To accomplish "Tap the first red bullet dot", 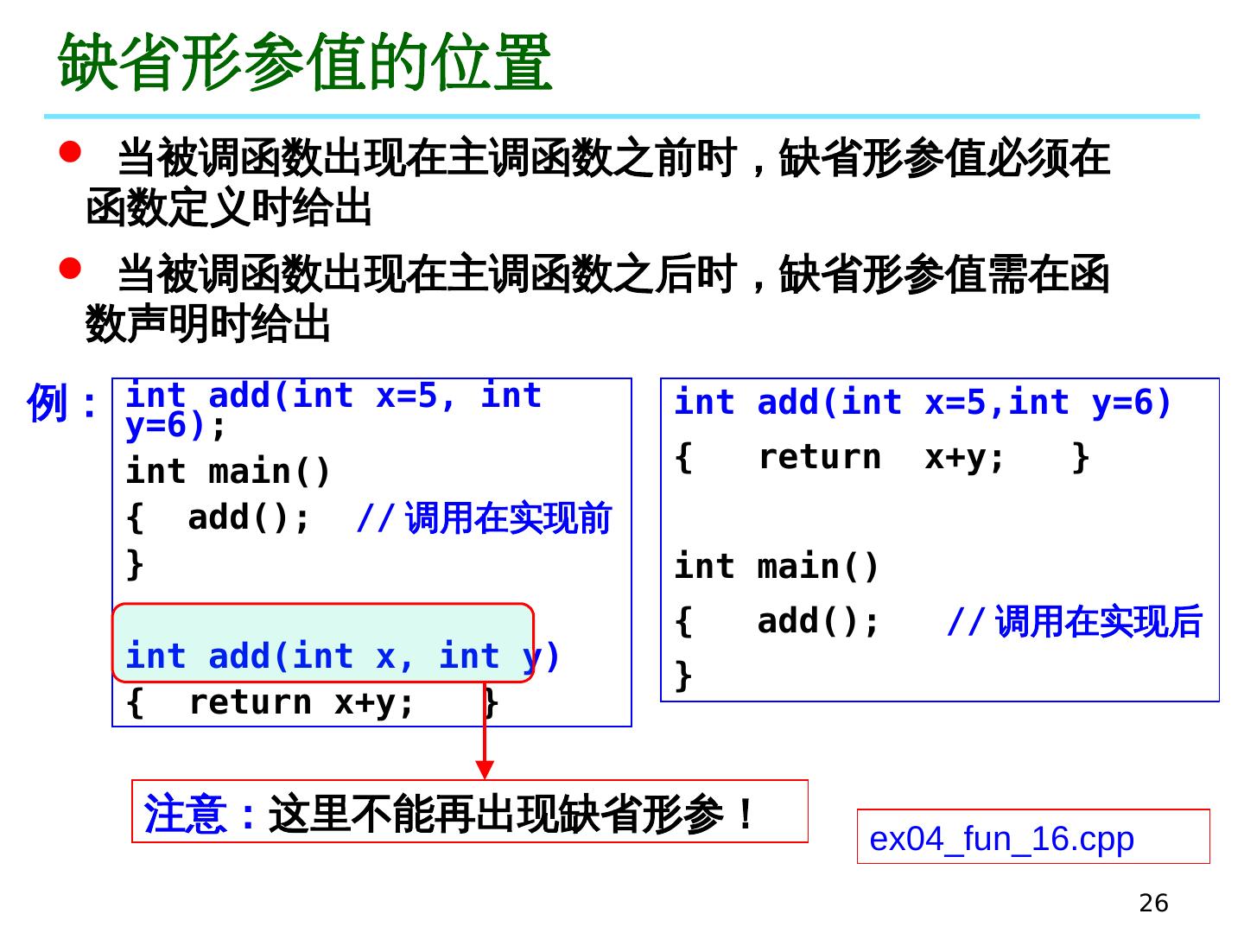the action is coord(70,152).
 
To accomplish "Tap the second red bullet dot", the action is coord(70,268).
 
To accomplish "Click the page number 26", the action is coord(1153,904).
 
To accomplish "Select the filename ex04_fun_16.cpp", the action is coord(1001,839).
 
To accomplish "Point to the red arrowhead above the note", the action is coord(485,768).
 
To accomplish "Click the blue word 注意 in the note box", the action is coord(185,814).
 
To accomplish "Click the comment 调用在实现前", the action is coord(508,518).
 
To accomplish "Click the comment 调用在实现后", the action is coord(1098,622).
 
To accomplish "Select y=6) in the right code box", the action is coord(1132,403).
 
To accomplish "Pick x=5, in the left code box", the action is coord(416,396).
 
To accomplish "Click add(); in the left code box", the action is coord(249,517).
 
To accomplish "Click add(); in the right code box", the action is coord(818,621).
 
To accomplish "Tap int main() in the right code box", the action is coord(776,567).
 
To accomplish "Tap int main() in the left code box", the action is coord(228,472).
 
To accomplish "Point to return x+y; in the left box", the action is coord(301,702).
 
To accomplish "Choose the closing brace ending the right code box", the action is coord(683,675).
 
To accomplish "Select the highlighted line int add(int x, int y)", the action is coord(343,657).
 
